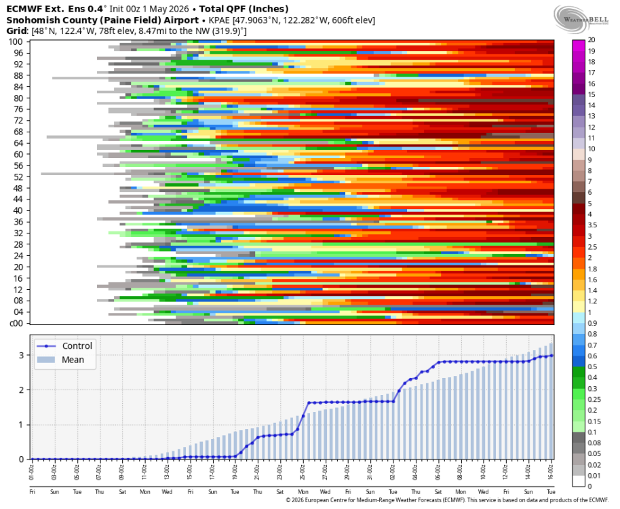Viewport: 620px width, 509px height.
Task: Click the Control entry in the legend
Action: click(64, 346)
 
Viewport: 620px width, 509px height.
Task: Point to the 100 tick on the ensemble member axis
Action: click(16, 41)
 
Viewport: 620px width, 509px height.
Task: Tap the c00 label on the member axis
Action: click(16, 323)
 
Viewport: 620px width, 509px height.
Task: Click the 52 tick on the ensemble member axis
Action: click(18, 176)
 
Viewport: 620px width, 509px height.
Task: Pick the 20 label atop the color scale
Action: click(592, 40)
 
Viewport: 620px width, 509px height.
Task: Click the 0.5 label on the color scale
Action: click(592, 366)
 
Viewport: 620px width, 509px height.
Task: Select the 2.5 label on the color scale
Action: click(592, 247)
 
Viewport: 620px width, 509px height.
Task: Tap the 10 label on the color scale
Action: click(592, 149)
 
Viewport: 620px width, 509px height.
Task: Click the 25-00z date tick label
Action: click(303, 472)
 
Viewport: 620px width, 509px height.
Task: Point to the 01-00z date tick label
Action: click(32, 472)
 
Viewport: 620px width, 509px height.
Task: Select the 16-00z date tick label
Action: click(551, 472)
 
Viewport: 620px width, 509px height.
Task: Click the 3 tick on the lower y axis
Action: click(21, 355)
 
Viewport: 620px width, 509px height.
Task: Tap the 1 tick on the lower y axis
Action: click(21, 425)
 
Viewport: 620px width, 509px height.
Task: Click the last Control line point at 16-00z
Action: click(551, 356)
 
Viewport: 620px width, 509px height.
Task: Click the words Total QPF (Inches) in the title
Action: click(244, 9)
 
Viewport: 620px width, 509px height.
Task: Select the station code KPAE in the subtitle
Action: click(219, 20)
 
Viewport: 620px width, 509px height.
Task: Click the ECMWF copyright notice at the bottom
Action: click(448, 500)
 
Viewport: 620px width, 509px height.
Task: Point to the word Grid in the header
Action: click(16, 31)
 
